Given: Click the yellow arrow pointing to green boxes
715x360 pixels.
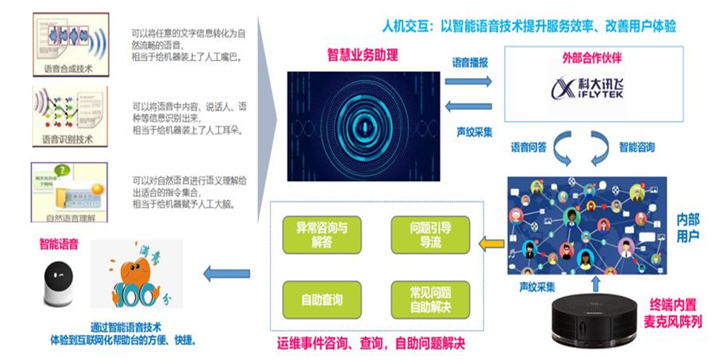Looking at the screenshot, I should tap(490, 244).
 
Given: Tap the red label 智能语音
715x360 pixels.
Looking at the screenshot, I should tap(59, 244).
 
